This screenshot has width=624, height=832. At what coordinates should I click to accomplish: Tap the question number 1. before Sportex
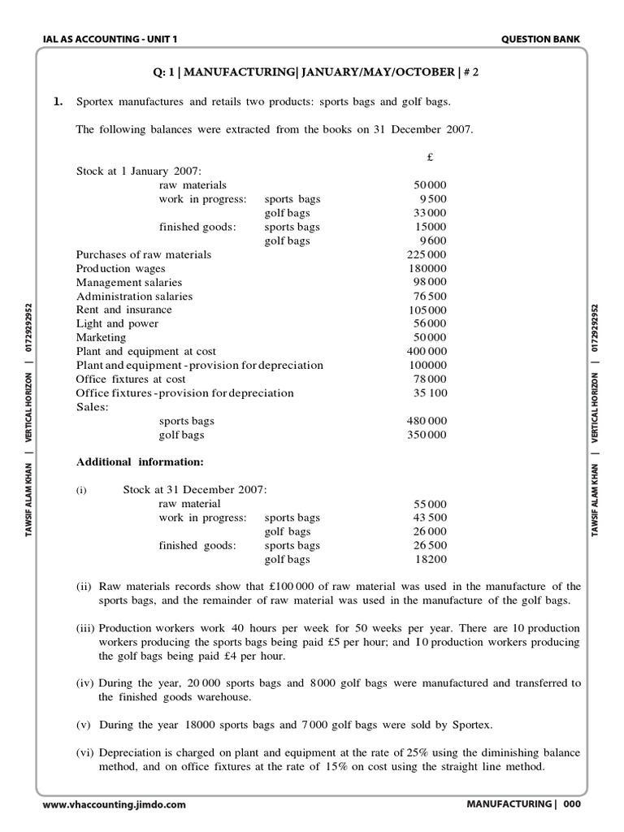point(58,102)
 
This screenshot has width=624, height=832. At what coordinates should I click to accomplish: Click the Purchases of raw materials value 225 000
point(427,254)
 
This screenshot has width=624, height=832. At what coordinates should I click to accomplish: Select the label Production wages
point(120,268)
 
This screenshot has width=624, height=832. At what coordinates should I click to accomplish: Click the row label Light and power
point(117,323)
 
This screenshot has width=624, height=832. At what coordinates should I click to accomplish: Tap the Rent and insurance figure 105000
point(427,310)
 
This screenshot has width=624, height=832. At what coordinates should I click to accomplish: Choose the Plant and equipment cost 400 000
point(427,351)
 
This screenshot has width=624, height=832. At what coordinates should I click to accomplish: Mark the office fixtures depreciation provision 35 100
point(430,392)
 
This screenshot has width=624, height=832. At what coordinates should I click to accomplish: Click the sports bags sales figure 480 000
point(427,421)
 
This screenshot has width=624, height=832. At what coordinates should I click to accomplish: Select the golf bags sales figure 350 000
point(427,435)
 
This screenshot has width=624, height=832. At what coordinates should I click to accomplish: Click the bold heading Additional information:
point(140,462)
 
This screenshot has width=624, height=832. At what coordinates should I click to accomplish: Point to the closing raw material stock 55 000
point(430,504)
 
